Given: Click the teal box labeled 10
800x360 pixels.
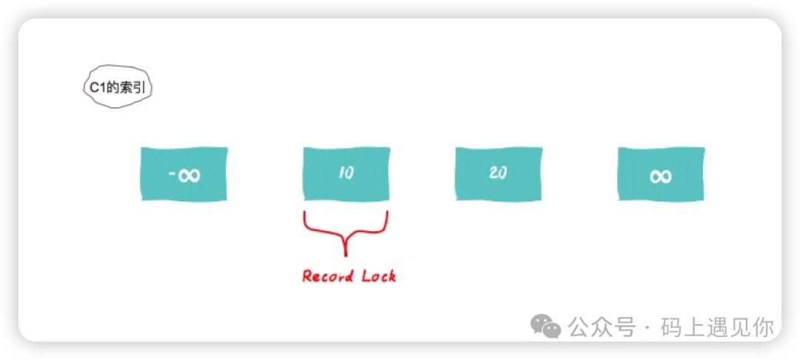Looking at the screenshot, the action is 347,174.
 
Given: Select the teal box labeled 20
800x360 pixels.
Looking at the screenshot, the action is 499,173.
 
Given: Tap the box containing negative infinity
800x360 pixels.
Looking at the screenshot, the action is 184,174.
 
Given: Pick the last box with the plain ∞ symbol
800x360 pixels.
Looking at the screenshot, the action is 661,174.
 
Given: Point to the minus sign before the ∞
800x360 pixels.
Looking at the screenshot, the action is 172,176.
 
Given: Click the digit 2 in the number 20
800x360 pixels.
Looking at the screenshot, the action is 493,173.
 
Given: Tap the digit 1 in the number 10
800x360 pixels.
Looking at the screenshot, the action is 341,173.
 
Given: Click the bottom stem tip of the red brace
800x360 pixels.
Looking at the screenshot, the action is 346,256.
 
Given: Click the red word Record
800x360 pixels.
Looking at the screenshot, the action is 327,276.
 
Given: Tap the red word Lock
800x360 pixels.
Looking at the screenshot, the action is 379,276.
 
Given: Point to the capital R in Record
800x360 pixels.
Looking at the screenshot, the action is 307,276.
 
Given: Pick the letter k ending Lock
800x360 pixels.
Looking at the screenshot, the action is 391,276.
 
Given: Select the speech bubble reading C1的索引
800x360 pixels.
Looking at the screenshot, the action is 118,87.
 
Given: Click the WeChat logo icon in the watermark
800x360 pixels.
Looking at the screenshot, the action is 545,325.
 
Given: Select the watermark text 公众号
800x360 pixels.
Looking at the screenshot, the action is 602,327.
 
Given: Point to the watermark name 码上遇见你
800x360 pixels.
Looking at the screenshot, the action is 717,327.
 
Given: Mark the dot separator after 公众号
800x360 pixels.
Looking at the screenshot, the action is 648,327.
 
